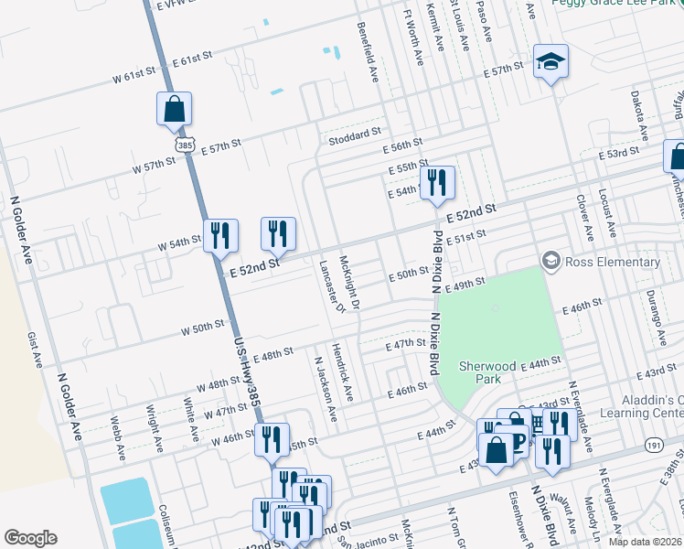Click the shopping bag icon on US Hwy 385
(174, 110)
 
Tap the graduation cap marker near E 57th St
(550, 62)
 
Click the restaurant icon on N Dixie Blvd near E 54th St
(436, 183)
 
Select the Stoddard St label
(355, 135)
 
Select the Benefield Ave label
(368, 53)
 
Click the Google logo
(30, 538)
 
